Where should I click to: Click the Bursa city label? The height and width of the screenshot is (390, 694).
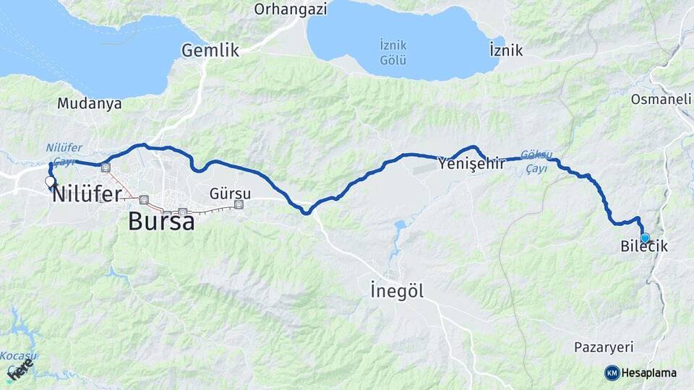tap(161, 221)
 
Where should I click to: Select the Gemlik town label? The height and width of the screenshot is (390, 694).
tap(210, 51)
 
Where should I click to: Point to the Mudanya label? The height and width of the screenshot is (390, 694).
tap(89, 103)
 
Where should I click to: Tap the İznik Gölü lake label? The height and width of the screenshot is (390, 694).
tap(393, 53)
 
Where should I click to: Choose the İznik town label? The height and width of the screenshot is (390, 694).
tap(506, 51)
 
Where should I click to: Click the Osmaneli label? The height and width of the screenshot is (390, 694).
tap(661, 99)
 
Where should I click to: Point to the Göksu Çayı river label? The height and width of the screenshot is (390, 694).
tap(536, 161)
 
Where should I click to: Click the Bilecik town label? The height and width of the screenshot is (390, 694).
tap(644, 247)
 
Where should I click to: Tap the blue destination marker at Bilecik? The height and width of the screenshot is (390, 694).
tap(645, 237)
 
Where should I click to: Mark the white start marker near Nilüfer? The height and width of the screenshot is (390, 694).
tap(49, 181)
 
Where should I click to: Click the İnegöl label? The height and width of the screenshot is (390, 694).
tap(396, 292)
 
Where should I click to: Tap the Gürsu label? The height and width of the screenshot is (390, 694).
tap(230, 194)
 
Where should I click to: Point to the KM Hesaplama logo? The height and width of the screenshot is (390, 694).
tap(641, 373)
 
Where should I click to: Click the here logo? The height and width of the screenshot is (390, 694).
tap(20, 369)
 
